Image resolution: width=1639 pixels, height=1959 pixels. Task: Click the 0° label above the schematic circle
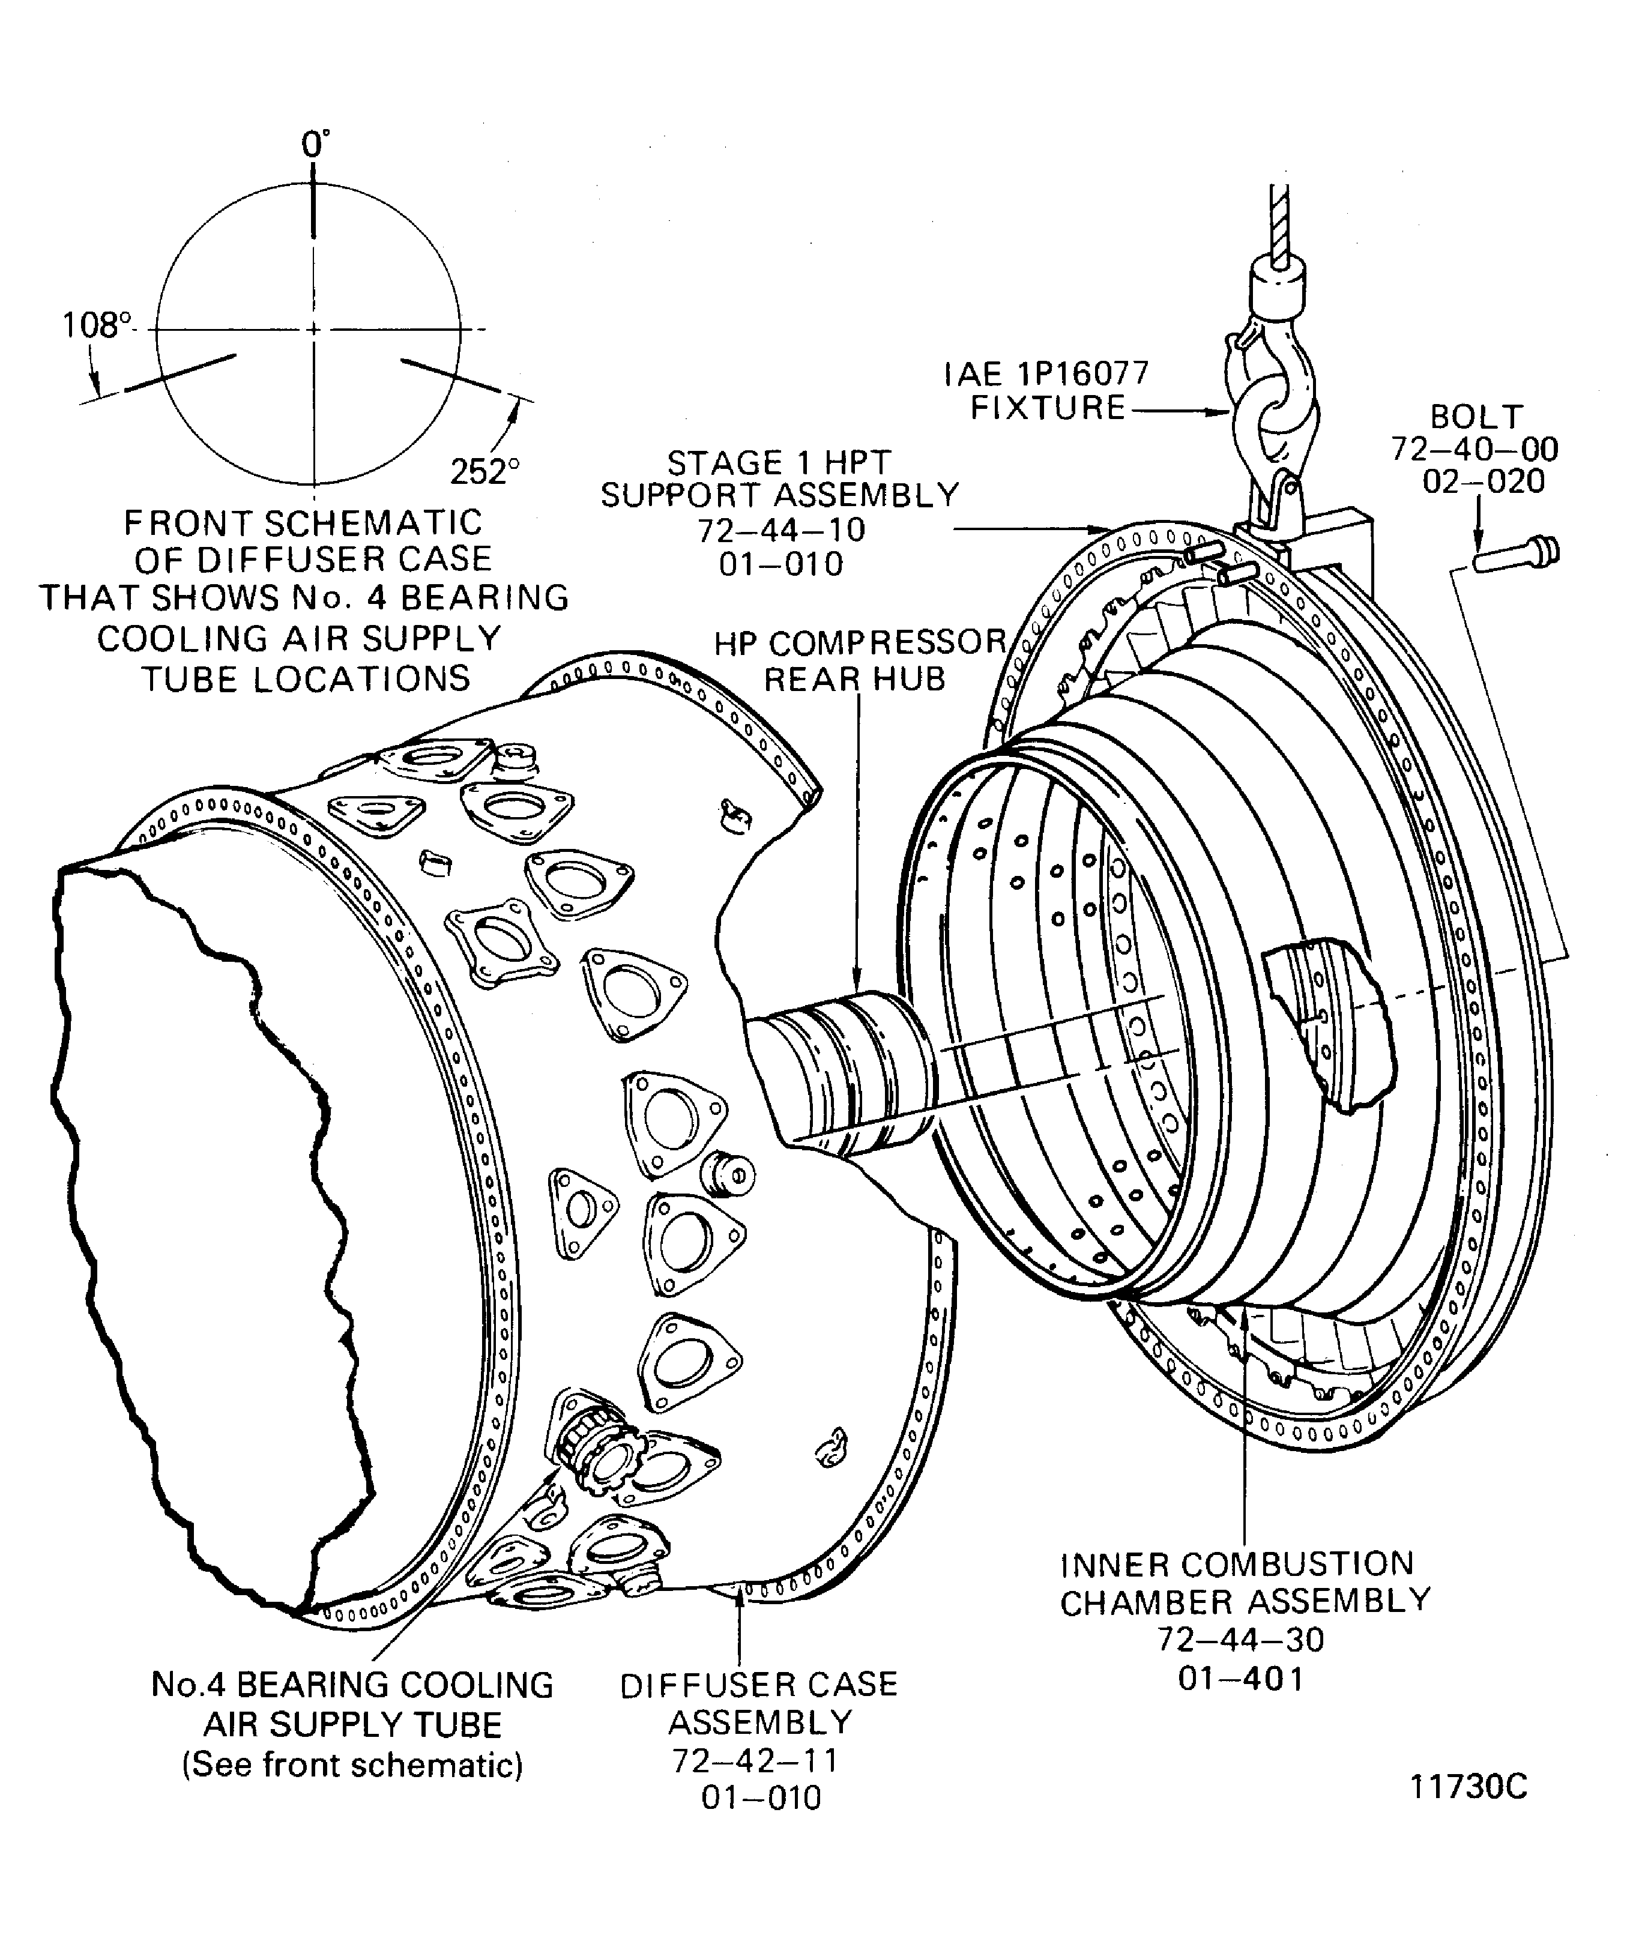315,145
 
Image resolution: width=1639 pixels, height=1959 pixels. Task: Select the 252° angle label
484,472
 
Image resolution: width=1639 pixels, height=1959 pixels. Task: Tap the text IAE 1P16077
1046,374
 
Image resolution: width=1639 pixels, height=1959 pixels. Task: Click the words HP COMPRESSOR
860,643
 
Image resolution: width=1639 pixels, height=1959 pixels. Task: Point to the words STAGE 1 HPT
779,463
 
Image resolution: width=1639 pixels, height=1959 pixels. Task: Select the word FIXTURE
1048,409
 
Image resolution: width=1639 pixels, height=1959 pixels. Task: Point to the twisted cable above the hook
1279,224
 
